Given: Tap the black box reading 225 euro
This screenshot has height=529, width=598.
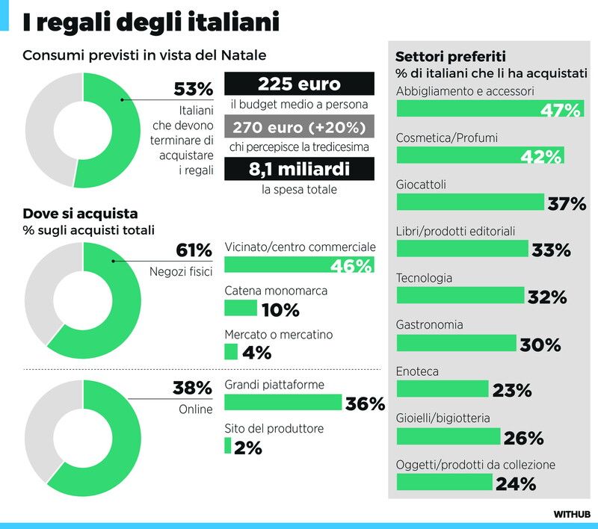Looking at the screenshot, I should point(299,84).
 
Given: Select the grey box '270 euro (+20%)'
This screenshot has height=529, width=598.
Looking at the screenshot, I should point(299,126).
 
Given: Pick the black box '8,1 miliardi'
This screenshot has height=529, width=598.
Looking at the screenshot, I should point(299,169).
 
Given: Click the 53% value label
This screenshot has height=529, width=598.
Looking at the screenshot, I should point(194,89).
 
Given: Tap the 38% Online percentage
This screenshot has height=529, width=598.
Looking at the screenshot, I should point(194,388).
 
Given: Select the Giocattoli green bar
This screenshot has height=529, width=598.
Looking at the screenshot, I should point(470,202).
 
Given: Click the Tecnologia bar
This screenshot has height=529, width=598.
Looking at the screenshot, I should point(460,295).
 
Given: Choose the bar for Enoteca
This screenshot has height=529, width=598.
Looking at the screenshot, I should point(442,389).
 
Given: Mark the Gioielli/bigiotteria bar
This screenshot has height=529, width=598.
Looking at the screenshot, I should point(448,436).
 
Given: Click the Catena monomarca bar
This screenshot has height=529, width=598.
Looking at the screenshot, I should point(240,308).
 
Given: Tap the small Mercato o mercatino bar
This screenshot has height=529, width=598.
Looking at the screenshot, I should point(230,351).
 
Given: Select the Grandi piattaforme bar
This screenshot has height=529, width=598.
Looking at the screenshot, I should point(283,402).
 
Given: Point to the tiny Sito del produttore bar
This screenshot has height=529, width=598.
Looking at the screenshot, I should point(227,446).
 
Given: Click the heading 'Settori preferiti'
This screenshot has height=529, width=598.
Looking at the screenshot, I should point(450,56).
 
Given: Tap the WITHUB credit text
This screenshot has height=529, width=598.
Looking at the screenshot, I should point(572,514).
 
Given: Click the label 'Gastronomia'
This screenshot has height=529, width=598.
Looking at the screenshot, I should point(429,325).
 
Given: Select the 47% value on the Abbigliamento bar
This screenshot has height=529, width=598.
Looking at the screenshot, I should point(561,111).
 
